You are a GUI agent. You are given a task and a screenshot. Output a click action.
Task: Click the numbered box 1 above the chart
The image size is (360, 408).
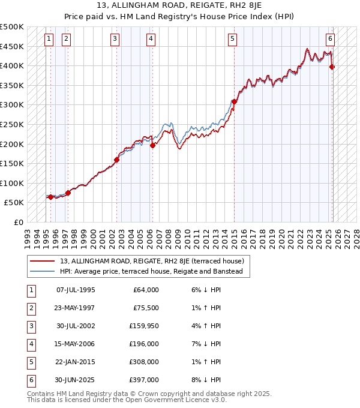[49, 40]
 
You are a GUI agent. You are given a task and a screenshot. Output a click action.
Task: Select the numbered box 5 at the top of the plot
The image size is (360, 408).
[232, 40]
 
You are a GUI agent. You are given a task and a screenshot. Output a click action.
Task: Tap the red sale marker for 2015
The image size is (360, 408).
[235, 101]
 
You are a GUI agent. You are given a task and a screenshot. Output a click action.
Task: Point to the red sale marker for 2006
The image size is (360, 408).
[152, 145]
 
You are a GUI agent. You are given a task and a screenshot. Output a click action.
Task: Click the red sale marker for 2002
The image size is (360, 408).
[117, 160]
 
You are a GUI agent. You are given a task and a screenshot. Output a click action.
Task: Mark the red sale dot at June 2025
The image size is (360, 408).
[332, 67]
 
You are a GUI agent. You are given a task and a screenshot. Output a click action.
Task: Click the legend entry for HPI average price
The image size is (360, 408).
[151, 271]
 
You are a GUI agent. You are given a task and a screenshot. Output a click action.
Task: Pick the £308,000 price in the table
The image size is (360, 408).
[144, 362]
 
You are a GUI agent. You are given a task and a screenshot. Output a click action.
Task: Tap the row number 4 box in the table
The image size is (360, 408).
[31, 344]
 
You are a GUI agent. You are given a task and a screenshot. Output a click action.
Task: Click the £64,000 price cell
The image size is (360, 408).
[146, 290]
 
